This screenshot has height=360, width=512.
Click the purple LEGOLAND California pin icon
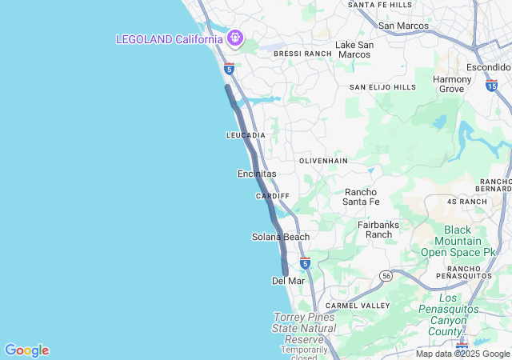(x=234, y=38)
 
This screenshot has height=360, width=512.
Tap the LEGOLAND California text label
(x=170, y=39)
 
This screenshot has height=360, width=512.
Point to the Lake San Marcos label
(x=354, y=50)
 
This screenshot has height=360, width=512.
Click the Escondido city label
(x=488, y=67)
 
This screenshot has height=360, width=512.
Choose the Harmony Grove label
(x=452, y=84)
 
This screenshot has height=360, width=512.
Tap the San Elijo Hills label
(x=383, y=86)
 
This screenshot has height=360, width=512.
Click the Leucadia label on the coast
(x=246, y=135)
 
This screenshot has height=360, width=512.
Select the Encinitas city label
(x=257, y=174)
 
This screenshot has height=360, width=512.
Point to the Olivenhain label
(x=324, y=161)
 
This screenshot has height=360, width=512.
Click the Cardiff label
(x=272, y=196)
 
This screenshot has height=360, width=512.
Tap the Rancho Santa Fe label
(x=366, y=197)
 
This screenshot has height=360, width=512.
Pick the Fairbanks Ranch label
(x=378, y=230)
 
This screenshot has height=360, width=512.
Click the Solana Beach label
(x=280, y=237)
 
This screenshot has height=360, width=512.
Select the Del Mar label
(x=288, y=281)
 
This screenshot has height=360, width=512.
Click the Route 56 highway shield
(x=386, y=275)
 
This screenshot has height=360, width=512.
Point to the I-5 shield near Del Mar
(x=305, y=262)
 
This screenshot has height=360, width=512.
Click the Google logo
(x=26, y=350)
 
